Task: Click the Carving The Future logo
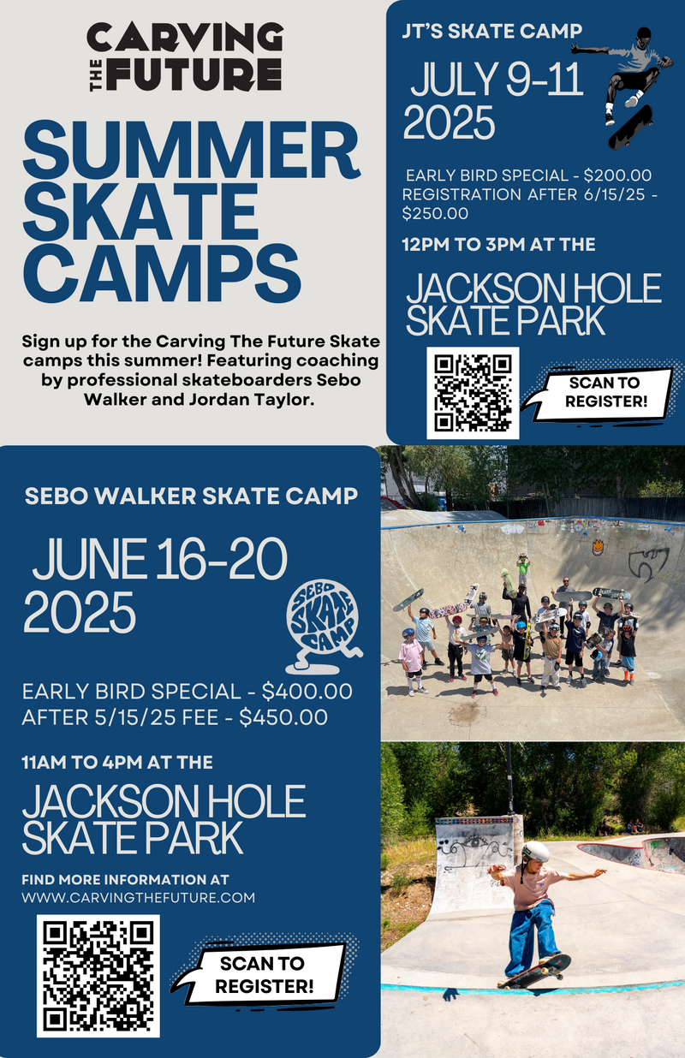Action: tap(185, 56)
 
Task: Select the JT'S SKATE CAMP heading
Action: tap(491, 31)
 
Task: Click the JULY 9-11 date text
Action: tap(496, 80)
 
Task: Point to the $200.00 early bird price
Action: tap(617, 175)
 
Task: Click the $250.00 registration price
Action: tap(435, 213)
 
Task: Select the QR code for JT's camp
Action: tap(473, 393)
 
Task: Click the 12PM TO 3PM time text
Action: tap(463, 245)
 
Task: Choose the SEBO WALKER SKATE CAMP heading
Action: tap(191, 496)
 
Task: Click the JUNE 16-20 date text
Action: tap(159, 559)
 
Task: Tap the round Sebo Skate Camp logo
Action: tap(324, 627)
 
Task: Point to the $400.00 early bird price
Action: tap(307, 692)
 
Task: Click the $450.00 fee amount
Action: tap(283, 717)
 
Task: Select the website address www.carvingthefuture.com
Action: tap(138, 897)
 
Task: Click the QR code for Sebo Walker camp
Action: tap(98, 975)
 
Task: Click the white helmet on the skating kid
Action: tap(536, 852)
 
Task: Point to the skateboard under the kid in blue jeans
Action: tap(534, 971)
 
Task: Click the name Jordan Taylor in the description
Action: tap(252, 400)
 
